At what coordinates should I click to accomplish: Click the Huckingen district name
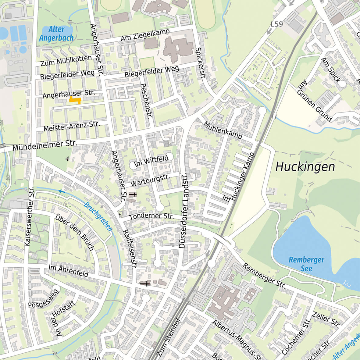pyautogui.click(x=305, y=167)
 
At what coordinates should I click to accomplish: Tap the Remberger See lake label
pyautogui.click(x=306, y=264)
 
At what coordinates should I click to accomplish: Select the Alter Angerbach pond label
pyautogui.click(x=56, y=34)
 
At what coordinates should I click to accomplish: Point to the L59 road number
pyautogui.click(x=277, y=24)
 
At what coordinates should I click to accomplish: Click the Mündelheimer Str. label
pyautogui.click(x=45, y=145)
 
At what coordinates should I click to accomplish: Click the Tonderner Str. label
pyautogui.click(x=151, y=216)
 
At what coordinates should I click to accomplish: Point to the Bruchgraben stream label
pyautogui.click(x=98, y=217)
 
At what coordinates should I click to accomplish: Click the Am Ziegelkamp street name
pyautogui.click(x=145, y=35)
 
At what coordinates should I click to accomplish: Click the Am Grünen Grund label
pyautogui.click(x=314, y=101)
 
